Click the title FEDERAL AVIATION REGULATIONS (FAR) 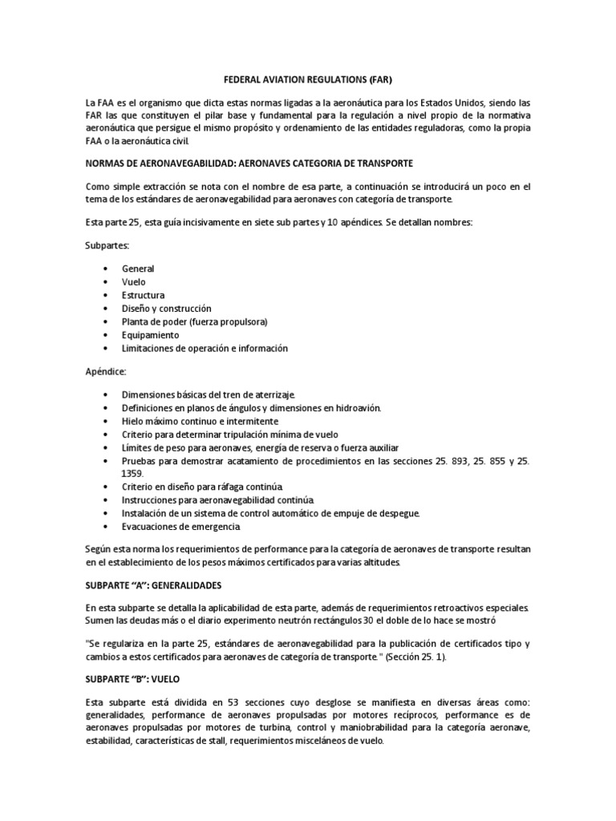pyautogui.click(x=307, y=81)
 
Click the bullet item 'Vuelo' pyautogui.click(x=134, y=282)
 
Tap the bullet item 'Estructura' pyautogui.click(x=143, y=295)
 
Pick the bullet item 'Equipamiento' pyautogui.click(x=150, y=335)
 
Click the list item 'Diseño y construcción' pyautogui.click(x=166, y=309)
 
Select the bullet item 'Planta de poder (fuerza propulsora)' pyautogui.click(x=194, y=322)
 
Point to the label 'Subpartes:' pyautogui.click(x=107, y=245)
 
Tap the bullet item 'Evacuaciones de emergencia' pyautogui.click(x=180, y=527)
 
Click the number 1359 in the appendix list pyautogui.click(x=133, y=474)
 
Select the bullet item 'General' pyautogui.click(x=138, y=269)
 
